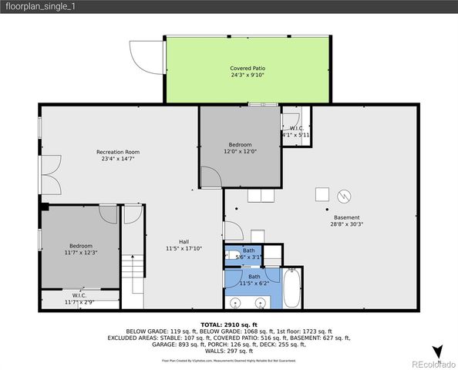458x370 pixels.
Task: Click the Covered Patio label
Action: tap(246, 69)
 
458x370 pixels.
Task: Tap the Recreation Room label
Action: tap(117, 152)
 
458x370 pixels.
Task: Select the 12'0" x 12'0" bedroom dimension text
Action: tap(240, 152)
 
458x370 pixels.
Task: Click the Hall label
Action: tap(184, 241)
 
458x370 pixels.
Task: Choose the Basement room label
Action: tap(347, 217)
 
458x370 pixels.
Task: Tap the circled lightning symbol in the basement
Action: tap(345, 194)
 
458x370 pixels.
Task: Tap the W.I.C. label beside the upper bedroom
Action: tap(296, 128)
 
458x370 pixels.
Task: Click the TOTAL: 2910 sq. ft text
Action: tap(228, 325)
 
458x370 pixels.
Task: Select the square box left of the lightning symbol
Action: tap(322, 194)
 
